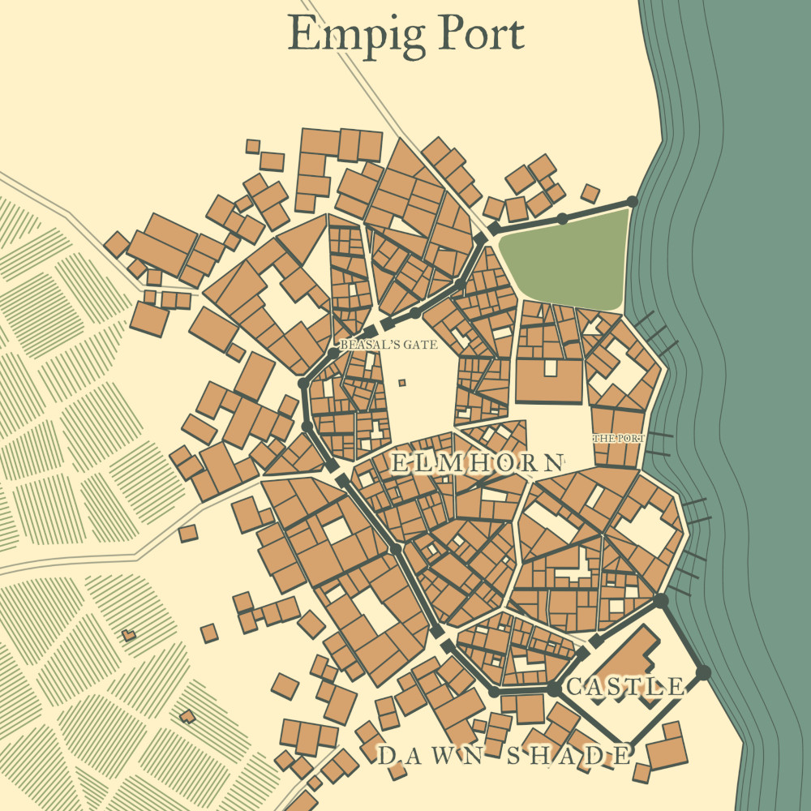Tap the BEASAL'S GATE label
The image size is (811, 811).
[388, 345]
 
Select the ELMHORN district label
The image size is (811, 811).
[477, 463]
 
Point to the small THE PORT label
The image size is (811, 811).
[619, 439]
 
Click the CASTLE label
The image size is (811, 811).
[624, 687]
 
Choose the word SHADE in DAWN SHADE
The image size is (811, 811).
[569, 757]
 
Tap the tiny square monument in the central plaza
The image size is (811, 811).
[401, 383]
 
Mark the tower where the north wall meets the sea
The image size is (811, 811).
[632, 201]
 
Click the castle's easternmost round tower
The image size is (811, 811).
[703, 672]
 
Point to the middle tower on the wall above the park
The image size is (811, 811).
[561, 219]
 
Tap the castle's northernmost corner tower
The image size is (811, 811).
[660, 601]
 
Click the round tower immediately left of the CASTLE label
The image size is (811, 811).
[552, 689]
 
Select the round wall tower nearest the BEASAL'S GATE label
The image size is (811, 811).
[333, 354]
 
